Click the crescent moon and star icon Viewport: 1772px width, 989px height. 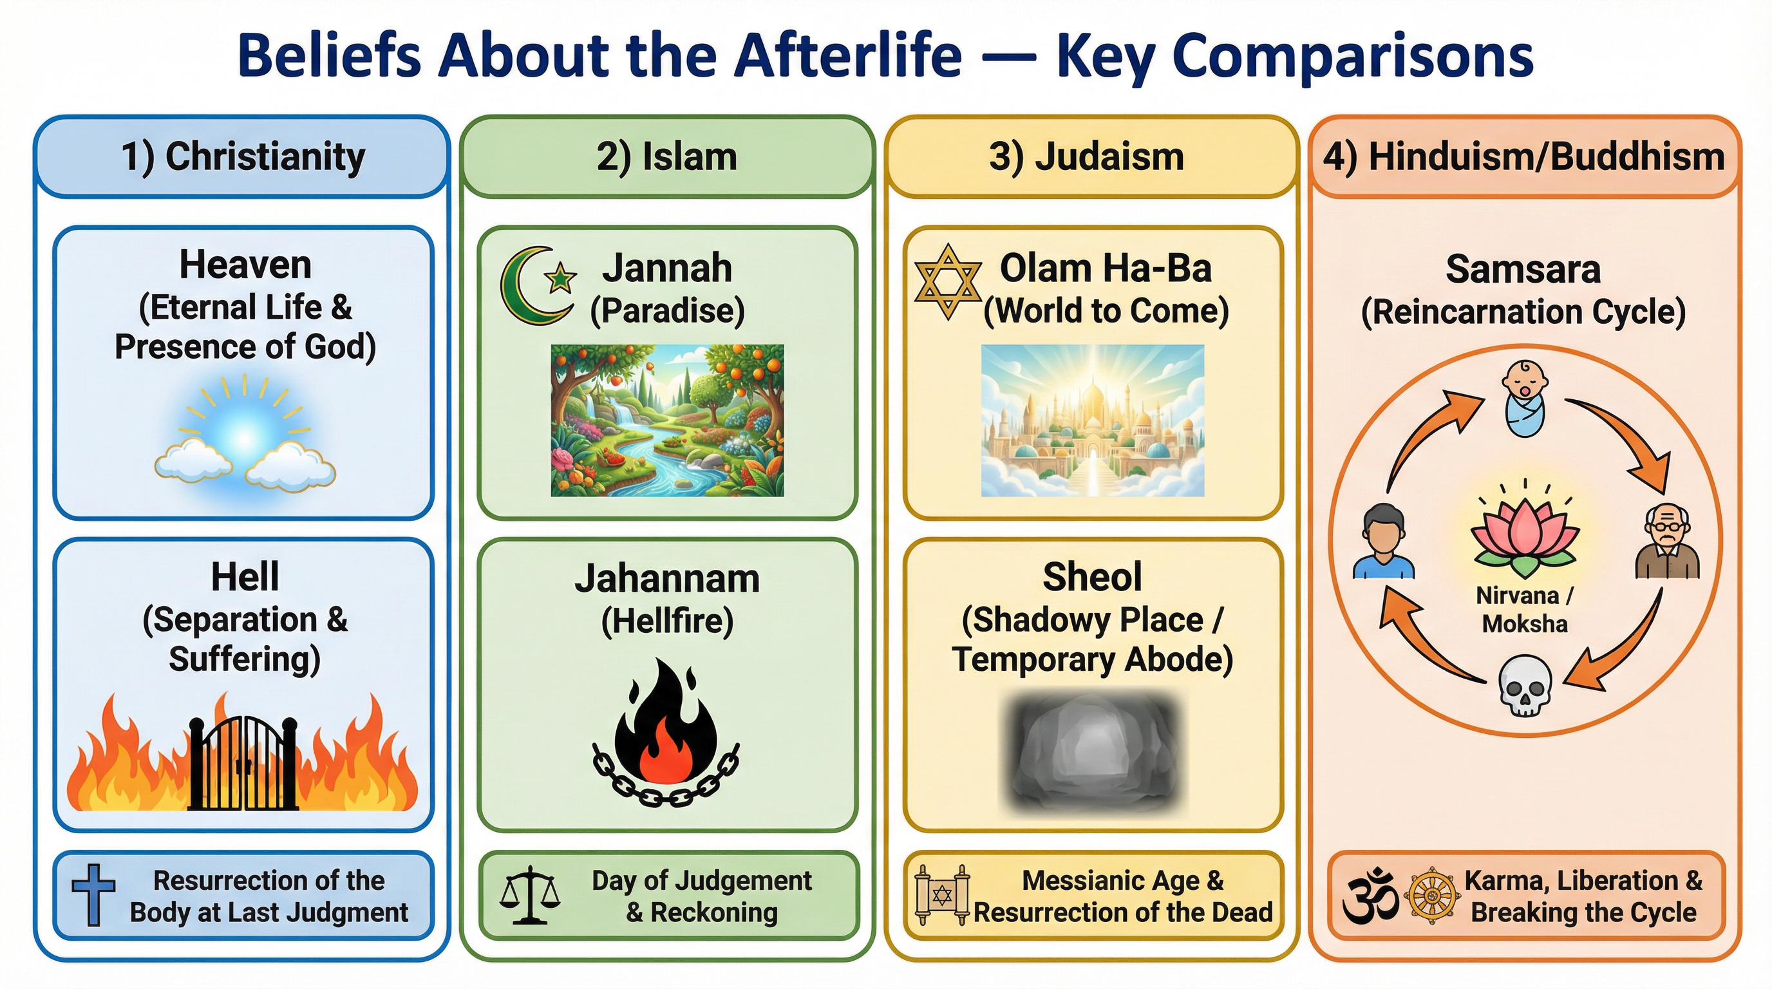pos(536,285)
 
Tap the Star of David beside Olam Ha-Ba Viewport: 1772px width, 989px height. pos(948,281)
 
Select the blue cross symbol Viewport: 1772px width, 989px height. pos(93,894)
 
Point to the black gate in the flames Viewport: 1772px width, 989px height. pos(243,764)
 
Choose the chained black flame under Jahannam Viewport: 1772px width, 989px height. pos(666,733)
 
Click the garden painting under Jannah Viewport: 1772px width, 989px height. pos(666,420)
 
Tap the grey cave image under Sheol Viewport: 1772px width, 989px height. pos(1091,753)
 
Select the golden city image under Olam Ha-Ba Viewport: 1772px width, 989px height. pos(1092,420)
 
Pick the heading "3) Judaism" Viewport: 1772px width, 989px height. pos(1086,157)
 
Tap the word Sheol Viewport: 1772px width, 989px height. pos(1091,576)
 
